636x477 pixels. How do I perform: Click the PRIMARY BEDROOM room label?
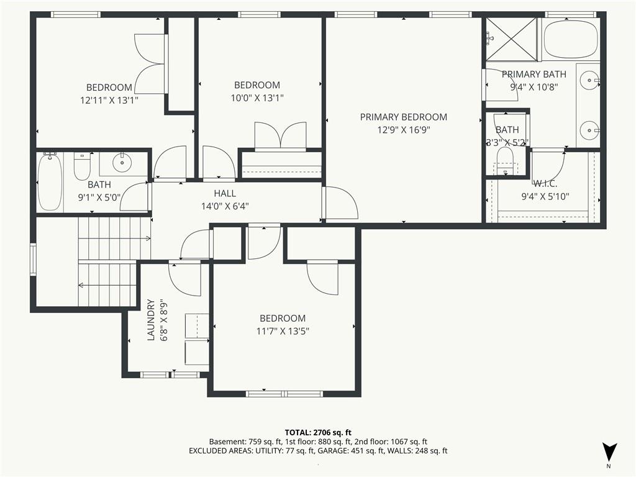404,117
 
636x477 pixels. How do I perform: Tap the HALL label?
225,194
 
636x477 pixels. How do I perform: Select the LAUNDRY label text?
151,320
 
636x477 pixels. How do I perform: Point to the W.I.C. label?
545,183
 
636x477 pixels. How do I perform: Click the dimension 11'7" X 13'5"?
283,331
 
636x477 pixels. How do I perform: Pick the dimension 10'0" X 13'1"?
257,98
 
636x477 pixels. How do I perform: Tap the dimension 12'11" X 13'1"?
109,100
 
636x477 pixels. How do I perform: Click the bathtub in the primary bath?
570,39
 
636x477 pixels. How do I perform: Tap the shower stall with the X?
511,39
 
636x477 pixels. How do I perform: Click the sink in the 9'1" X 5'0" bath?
122,162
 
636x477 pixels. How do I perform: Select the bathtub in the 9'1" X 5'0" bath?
50,181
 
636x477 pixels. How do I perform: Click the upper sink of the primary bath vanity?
589,81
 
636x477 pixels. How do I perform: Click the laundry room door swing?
184,279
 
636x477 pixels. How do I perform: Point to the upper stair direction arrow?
114,238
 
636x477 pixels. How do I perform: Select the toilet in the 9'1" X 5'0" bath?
82,166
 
